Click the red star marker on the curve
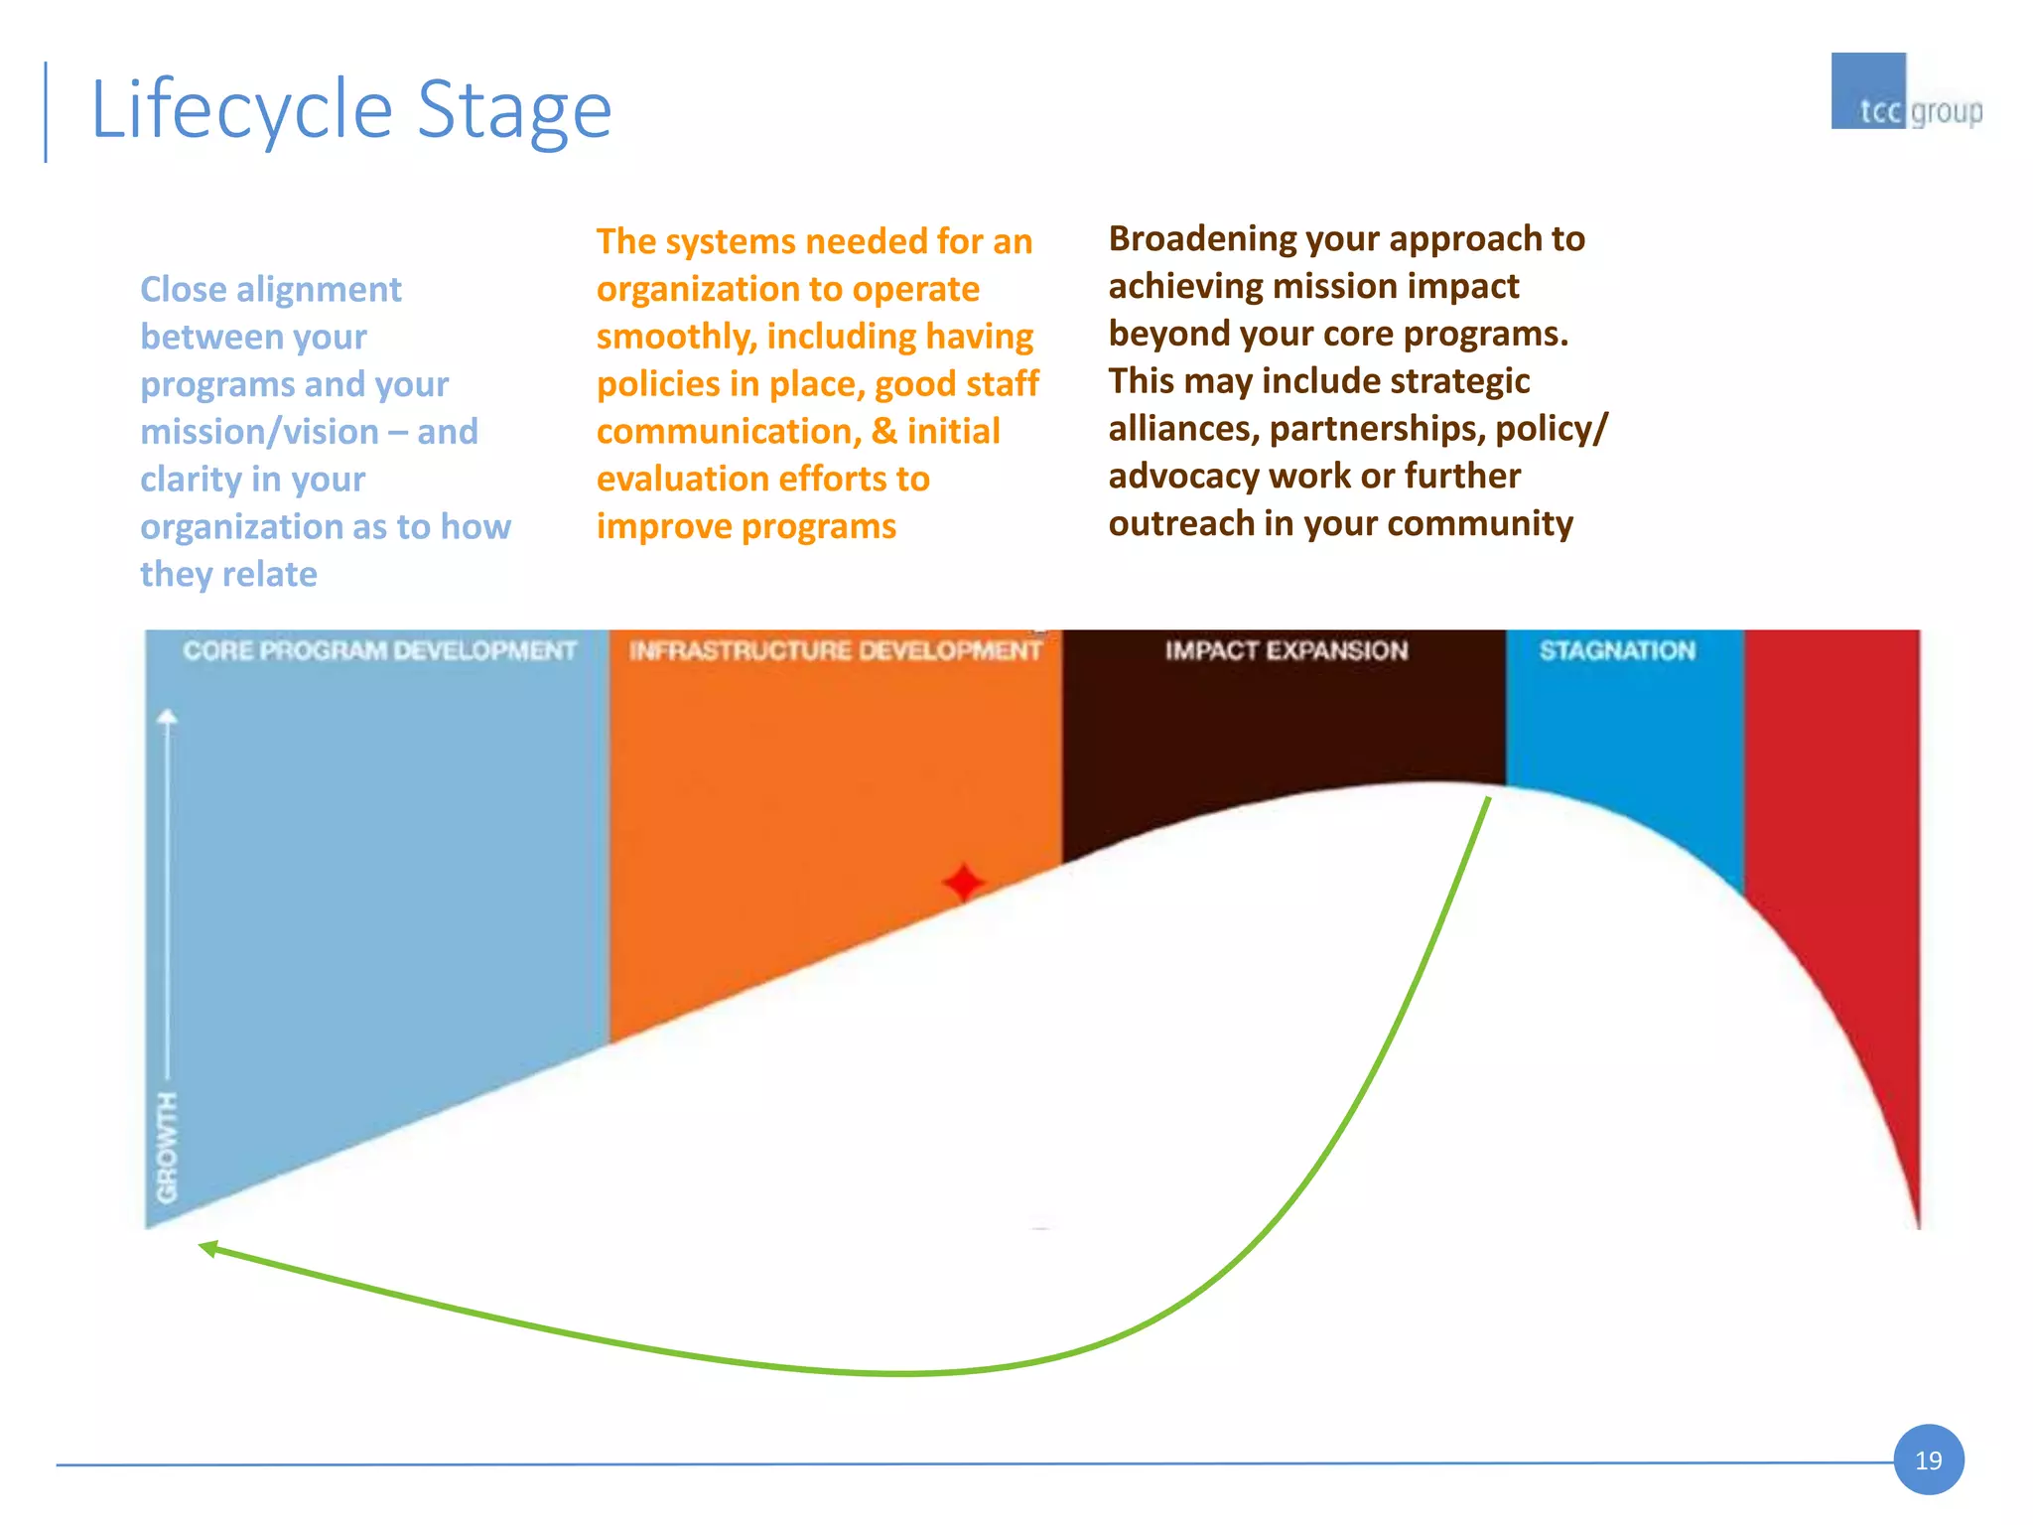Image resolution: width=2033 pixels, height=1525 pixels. click(x=963, y=882)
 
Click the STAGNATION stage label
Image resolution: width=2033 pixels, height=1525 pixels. click(x=1617, y=651)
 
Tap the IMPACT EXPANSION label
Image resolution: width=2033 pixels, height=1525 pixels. click(x=1286, y=651)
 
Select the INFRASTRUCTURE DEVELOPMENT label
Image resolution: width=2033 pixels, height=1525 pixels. click(x=835, y=651)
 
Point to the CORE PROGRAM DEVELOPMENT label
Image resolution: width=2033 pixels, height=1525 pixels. click(x=379, y=651)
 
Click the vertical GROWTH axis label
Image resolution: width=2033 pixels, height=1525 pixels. click(x=168, y=1147)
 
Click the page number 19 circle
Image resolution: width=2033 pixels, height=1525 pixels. click(x=1928, y=1459)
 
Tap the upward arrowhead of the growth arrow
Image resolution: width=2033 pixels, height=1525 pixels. click(x=168, y=717)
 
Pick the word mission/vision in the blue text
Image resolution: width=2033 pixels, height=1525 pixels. click(x=259, y=432)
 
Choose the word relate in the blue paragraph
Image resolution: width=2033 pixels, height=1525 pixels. click(x=270, y=575)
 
